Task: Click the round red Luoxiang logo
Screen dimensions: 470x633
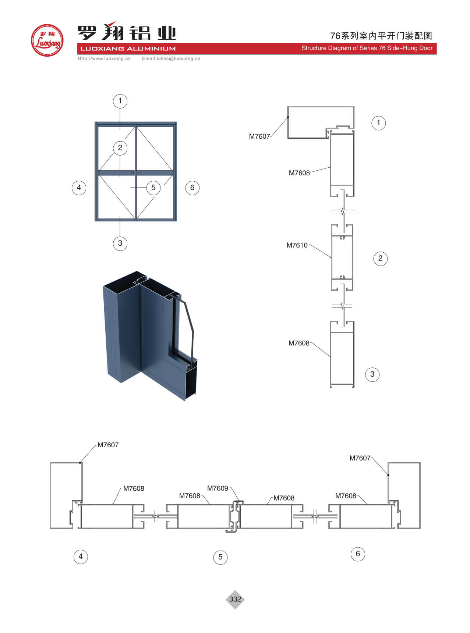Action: point(47,40)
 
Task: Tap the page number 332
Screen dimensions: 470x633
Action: point(235,599)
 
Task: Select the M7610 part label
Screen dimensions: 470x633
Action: point(297,245)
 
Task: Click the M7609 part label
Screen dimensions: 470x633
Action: point(218,488)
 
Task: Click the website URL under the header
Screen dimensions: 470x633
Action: point(104,58)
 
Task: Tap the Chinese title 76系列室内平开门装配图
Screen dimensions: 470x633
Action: point(381,36)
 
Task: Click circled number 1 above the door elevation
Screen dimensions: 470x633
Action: point(120,101)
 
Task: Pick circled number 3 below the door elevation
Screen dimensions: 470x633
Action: point(120,243)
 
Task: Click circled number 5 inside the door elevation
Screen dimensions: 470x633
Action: point(153,188)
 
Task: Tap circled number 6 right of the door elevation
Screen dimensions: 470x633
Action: point(192,188)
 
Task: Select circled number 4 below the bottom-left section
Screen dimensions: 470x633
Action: point(81,556)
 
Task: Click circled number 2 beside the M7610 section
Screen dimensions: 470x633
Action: point(380,258)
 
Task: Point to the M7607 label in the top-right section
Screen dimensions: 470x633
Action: point(259,136)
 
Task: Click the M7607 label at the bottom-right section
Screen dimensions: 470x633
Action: point(360,458)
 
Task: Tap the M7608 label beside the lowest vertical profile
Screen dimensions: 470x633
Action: point(299,343)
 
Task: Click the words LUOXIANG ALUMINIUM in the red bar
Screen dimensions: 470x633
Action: point(128,49)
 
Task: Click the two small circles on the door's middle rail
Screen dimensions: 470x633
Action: point(136,173)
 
